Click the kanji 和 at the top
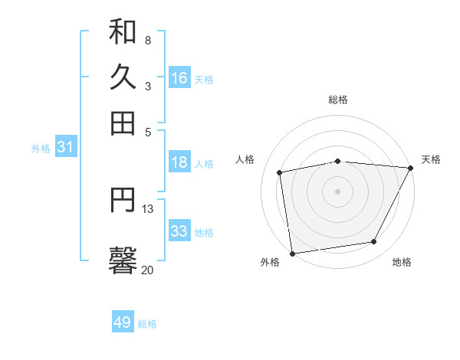123,31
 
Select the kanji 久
123,77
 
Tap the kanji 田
123,123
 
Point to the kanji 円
123,201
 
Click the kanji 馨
123,260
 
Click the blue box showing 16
179,78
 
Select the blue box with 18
179,162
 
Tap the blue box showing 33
179,231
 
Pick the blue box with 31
65,148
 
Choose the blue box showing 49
123,322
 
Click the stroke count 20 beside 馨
147,270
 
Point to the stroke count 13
147,208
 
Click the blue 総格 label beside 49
147,324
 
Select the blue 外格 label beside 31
41,149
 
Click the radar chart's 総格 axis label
338,100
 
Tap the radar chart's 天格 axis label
432,159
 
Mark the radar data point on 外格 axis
292,253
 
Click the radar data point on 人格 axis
280,172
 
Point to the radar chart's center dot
338,191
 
